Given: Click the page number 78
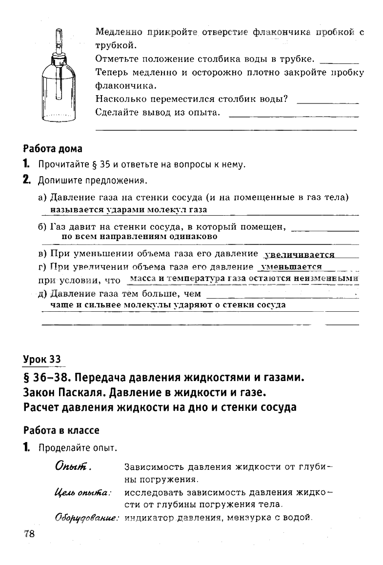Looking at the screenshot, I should coord(29,533).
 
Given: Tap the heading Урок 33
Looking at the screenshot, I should coord(43,360).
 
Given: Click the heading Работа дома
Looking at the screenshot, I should coord(53,148).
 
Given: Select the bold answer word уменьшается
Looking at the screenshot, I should coord(292,266).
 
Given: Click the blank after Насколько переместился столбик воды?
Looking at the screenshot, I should coord(327,101).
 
